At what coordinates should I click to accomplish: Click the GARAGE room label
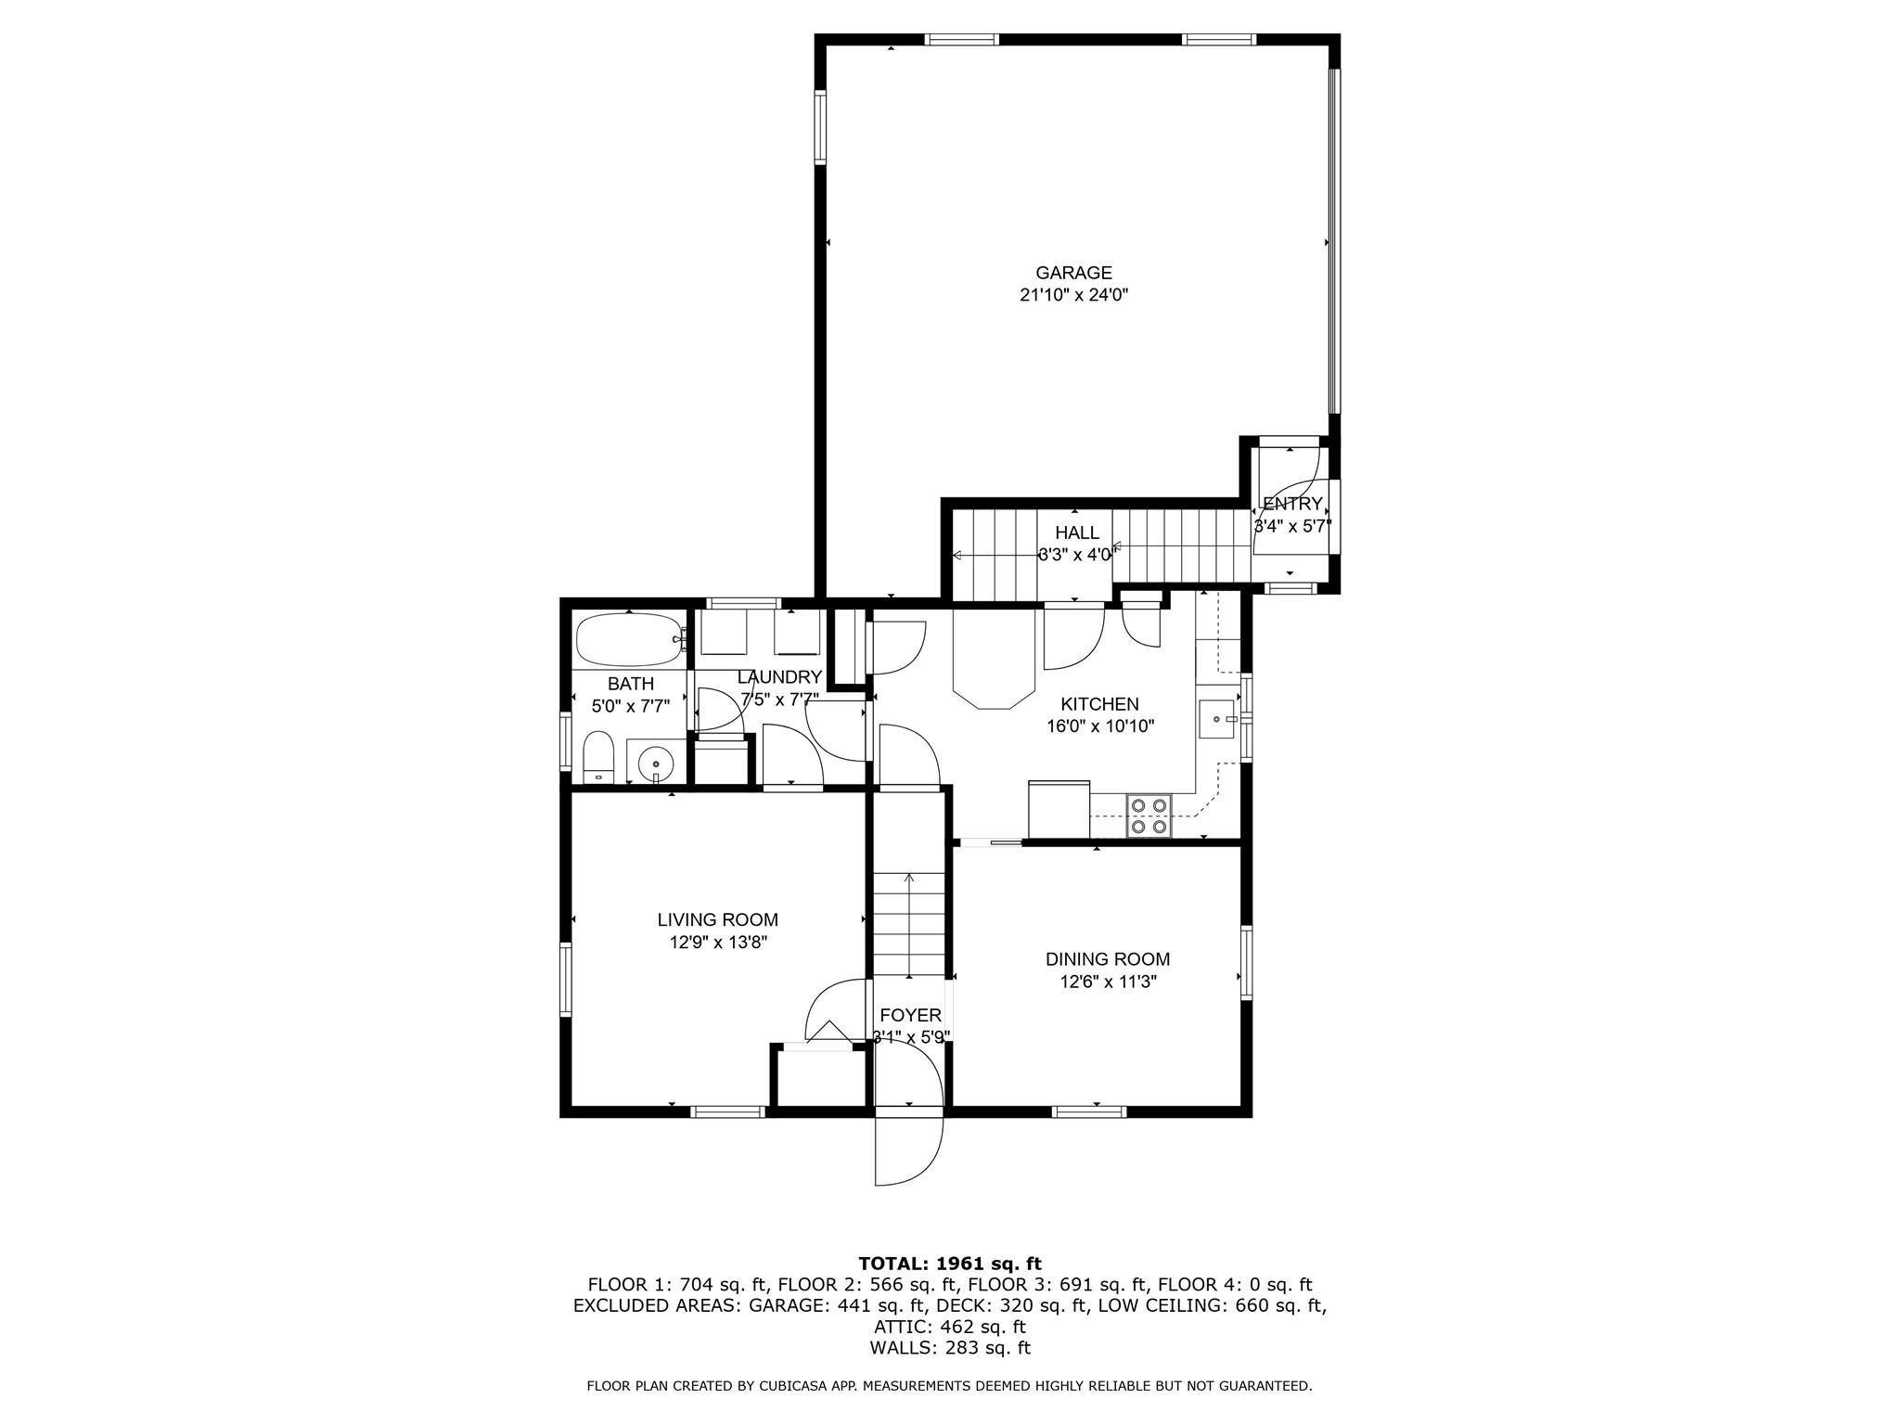(x=1073, y=273)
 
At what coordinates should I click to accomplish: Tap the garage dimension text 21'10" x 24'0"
(x=1073, y=296)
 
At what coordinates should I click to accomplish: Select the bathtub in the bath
(x=629, y=639)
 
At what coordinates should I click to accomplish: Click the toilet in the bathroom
(x=598, y=757)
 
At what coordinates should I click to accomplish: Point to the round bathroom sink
(x=656, y=763)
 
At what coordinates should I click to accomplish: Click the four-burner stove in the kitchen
(x=1149, y=816)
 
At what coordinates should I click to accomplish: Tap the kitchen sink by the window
(x=1217, y=719)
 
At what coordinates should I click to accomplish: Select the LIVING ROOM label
(x=717, y=920)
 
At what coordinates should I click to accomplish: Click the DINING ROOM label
(x=1108, y=959)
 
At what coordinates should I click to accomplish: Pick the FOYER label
(x=910, y=1016)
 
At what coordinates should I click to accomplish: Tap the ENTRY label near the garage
(x=1292, y=505)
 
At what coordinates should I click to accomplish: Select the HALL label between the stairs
(x=1076, y=533)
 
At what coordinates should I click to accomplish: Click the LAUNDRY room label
(x=779, y=677)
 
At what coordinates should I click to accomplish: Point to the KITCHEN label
(x=1099, y=704)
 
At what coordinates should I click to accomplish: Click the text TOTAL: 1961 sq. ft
(x=949, y=1264)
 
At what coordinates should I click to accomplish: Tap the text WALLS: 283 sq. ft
(x=949, y=1348)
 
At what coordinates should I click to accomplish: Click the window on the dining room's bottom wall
(x=1089, y=1111)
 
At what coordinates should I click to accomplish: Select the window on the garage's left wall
(x=820, y=126)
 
